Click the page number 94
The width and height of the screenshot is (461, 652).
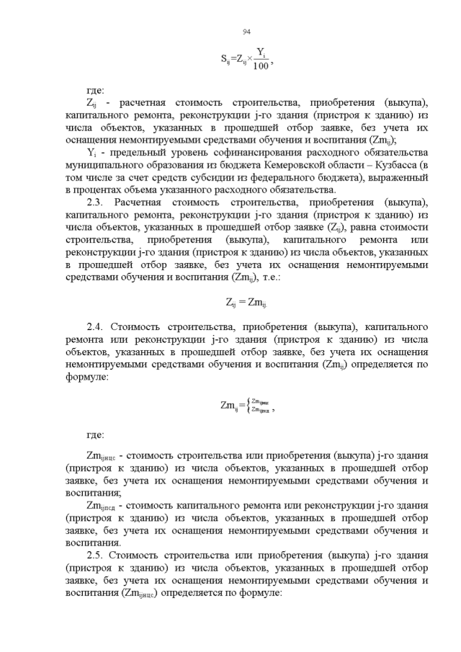click(x=246, y=31)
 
